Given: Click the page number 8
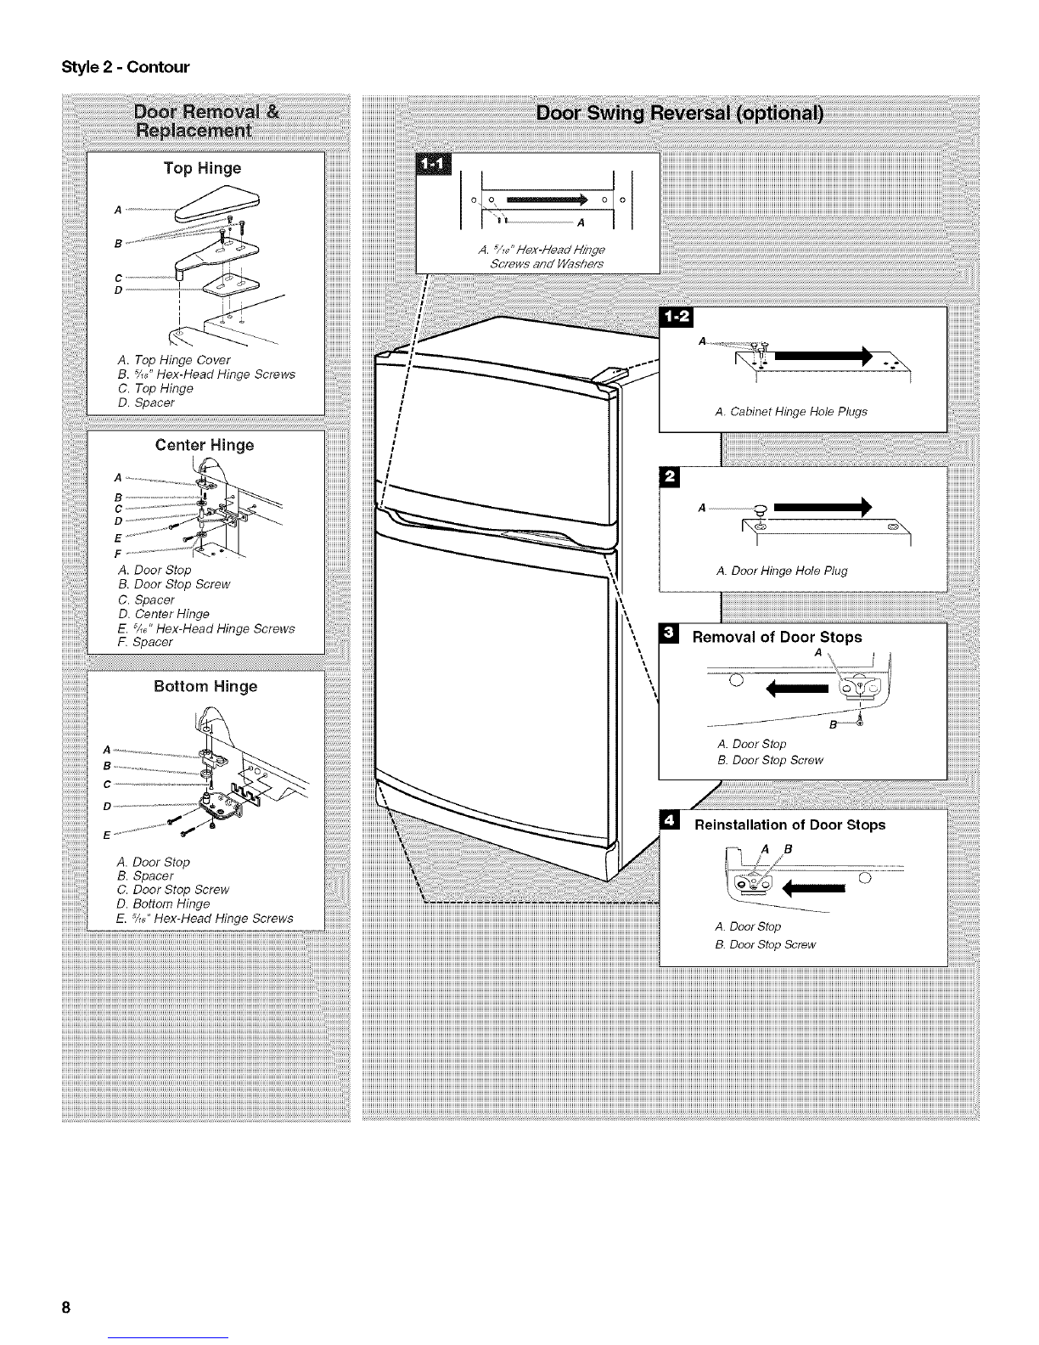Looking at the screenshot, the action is click(65, 1308).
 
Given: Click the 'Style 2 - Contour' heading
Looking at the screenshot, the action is click(125, 67).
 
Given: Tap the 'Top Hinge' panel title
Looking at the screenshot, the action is click(202, 168).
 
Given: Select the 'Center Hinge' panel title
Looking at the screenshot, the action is click(205, 445).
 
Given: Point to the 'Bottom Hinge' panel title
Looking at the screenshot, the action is click(205, 686).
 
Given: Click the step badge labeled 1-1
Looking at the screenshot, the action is click(434, 164).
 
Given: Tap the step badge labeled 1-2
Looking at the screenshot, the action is click(677, 317).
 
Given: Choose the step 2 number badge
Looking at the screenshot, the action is click(670, 477).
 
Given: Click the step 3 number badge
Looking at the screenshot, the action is click(669, 633).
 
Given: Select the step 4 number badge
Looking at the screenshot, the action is click(670, 821).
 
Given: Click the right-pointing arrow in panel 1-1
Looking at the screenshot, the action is click(547, 200).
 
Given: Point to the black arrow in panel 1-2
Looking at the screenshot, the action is click(823, 356).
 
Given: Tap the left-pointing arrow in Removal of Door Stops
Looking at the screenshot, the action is click(796, 689).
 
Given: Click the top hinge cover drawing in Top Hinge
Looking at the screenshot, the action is click(216, 205).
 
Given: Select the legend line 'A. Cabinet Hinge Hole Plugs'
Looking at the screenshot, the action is click(791, 412).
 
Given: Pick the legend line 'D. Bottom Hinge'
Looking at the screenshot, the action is click(163, 903).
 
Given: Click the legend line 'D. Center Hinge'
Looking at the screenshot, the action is click(163, 614).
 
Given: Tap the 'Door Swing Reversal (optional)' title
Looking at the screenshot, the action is click(679, 113).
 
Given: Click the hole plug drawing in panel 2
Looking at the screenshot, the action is click(761, 511).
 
